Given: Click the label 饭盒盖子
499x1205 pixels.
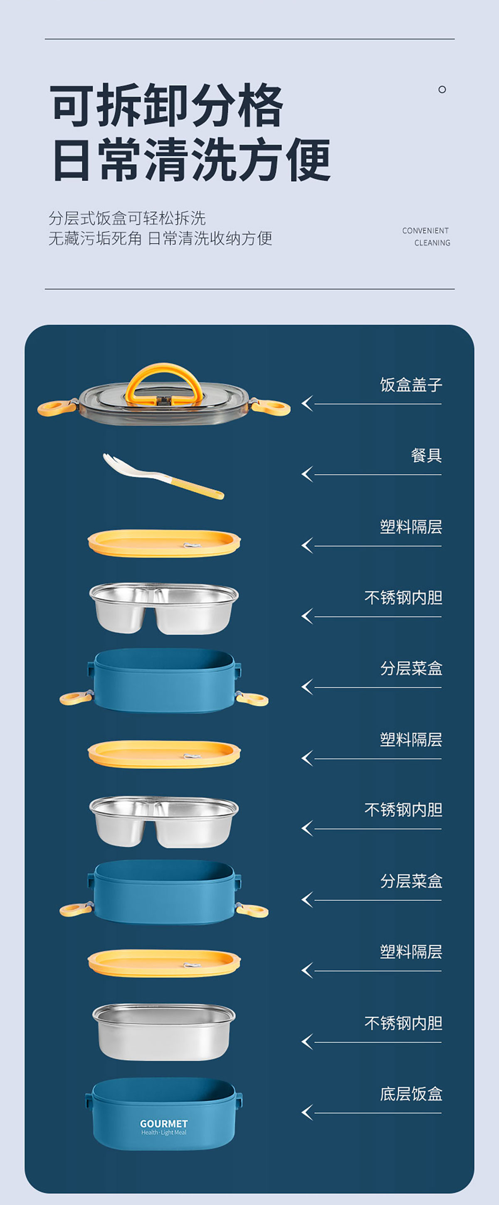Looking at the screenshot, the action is point(411,385).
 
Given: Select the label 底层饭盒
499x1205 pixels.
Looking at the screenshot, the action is point(411,1094).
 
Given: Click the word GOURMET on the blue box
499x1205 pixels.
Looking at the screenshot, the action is point(164,1123).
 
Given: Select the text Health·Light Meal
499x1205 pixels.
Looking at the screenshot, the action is point(164,1133).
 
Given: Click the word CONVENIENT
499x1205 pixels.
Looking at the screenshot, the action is point(425,231).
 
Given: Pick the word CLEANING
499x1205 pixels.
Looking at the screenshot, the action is point(432,243).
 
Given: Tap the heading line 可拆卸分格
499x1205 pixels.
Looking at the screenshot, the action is point(167,105).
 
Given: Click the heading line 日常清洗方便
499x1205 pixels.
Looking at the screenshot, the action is point(191,159).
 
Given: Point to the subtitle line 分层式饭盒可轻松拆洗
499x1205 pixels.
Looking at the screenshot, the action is point(127,218).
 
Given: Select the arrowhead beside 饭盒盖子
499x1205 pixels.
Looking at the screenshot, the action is point(307,403).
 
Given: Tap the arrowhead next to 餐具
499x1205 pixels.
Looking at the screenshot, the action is point(307,474).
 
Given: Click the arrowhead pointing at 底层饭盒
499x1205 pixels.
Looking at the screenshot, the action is point(307,1112).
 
